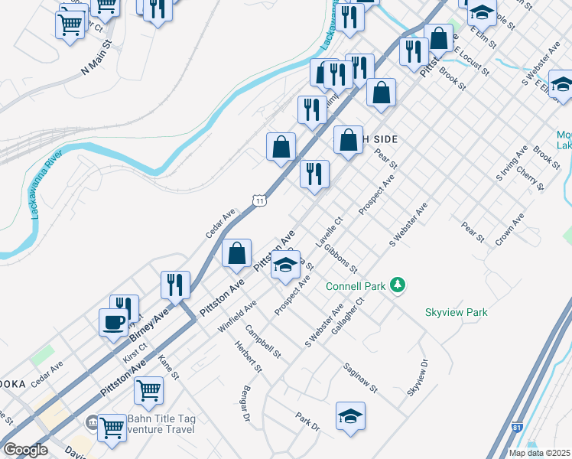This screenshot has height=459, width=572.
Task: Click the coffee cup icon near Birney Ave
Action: [x=113, y=322]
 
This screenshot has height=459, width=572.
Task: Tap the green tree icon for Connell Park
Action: [x=397, y=286]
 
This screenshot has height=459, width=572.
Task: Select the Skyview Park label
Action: [x=456, y=312]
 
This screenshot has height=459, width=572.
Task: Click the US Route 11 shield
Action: [x=260, y=200]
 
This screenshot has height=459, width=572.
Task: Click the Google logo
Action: [x=25, y=450]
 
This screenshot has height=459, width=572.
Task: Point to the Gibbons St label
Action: [x=340, y=259]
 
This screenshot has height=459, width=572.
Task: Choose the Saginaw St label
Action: [x=361, y=378]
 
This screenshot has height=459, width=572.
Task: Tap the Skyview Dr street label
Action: [x=419, y=377]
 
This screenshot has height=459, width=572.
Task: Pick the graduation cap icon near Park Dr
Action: [x=350, y=416]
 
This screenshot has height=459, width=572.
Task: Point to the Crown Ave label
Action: [x=509, y=229]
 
